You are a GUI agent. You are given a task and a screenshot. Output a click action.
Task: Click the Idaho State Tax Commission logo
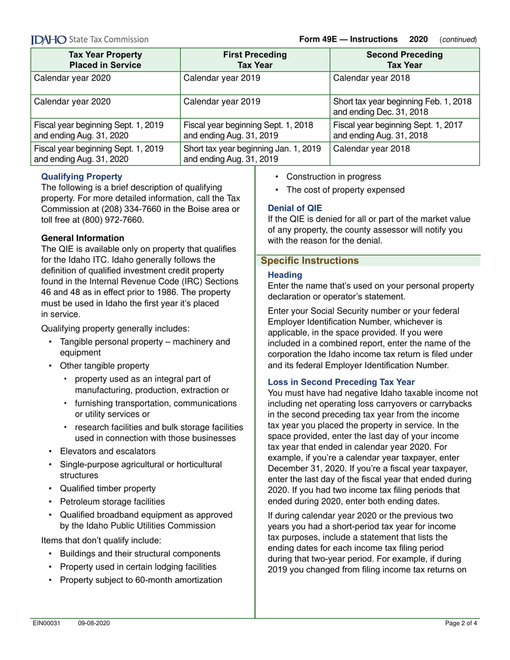(x=90, y=39)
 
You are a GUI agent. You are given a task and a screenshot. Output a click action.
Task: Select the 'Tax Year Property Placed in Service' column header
(x=105, y=60)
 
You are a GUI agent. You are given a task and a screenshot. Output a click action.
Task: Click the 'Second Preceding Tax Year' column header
(x=404, y=60)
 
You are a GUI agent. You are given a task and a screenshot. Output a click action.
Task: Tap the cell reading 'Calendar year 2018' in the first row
(x=371, y=78)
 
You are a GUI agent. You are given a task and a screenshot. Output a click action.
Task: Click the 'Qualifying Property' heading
(x=82, y=176)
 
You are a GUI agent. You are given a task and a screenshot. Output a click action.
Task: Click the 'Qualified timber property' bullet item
(x=107, y=488)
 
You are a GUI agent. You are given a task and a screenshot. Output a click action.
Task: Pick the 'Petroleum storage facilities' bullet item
(x=112, y=502)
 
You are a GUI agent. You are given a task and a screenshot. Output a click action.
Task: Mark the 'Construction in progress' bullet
(x=334, y=177)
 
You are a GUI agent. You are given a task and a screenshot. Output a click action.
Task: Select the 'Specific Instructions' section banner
(x=309, y=261)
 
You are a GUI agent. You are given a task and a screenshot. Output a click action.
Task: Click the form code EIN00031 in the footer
(x=46, y=623)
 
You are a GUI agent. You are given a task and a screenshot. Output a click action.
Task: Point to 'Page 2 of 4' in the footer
(x=461, y=623)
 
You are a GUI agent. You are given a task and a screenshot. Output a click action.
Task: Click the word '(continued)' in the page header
(x=458, y=40)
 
